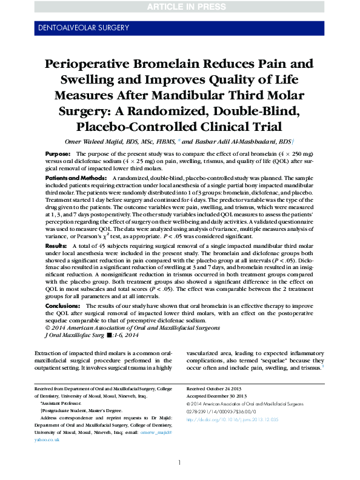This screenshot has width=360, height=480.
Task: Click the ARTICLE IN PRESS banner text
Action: (180, 7)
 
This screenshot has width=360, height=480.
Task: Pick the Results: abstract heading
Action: (57, 245)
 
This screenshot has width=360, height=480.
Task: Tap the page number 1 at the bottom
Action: (180, 463)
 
